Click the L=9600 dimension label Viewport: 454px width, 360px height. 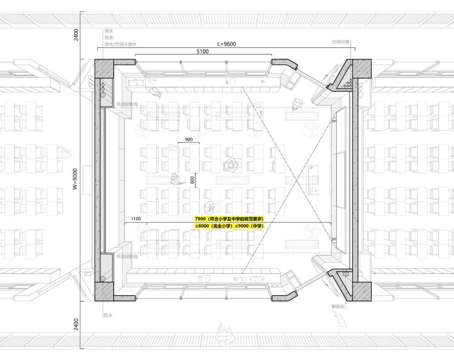click(226, 44)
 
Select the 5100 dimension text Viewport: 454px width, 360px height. click(203, 51)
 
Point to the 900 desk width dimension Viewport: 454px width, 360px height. click(189, 139)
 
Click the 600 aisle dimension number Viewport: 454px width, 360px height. click(192, 180)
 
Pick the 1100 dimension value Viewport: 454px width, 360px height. click(136, 219)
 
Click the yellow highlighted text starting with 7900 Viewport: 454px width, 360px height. click(229, 219)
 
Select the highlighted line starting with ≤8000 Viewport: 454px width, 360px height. click(229, 226)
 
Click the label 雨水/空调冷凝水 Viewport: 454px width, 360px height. click(121, 45)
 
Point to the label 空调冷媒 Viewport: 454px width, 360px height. click(340, 42)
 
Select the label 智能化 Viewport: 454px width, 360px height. click(338, 306)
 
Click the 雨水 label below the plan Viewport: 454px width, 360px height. click(108, 315)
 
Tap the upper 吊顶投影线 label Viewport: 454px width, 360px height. click(127, 105)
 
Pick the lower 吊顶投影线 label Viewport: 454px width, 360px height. click(127, 256)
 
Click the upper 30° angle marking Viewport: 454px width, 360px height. click(333, 121)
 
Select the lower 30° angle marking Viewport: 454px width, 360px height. click(333, 239)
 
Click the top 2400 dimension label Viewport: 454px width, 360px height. click(76, 35)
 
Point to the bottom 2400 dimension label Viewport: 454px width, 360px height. click(76, 324)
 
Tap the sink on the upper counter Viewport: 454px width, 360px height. click(135, 83)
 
